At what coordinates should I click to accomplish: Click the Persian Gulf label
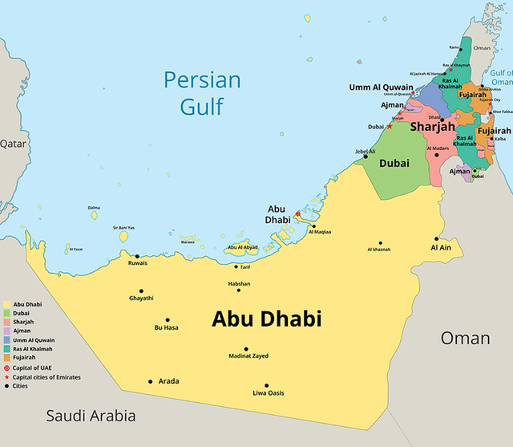tap(202, 92)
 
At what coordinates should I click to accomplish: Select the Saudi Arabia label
tap(90, 416)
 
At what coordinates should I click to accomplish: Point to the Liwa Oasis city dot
tap(267, 385)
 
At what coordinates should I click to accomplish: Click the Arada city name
tap(168, 382)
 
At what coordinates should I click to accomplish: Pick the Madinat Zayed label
tap(248, 356)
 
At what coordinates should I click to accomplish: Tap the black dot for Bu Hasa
tap(168, 319)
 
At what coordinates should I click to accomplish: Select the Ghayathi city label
tap(141, 299)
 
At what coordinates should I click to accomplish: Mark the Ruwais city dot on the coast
tap(137, 256)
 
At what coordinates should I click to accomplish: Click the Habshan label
tap(238, 283)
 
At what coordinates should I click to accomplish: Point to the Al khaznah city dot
tap(381, 243)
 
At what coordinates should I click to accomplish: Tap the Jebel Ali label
tap(364, 151)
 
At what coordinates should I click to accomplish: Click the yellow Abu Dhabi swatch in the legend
tap(7, 305)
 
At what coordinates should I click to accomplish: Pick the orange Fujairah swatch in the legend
tap(7, 357)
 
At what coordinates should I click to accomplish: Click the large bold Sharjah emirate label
tap(433, 128)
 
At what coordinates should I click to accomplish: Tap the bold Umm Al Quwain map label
tap(381, 87)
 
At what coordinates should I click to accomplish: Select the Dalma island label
tap(94, 207)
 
